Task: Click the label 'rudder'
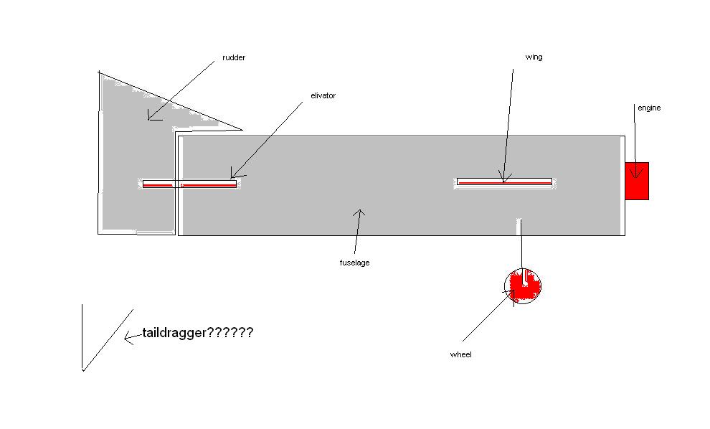[235, 58]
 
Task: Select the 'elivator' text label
[323, 95]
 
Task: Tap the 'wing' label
[534, 57]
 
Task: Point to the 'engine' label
[649, 108]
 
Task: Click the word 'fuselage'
[354, 263]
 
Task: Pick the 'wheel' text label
[460, 354]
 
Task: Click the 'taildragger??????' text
[197, 333]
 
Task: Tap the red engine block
[637, 181]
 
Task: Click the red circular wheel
[523, 285]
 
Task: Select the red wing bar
[505, 182]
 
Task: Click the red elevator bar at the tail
[190, 184]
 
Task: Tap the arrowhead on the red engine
[635, 173]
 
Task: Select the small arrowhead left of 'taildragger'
[128, 337]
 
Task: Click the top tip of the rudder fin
[99, 72]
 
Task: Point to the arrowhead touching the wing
[503, 179]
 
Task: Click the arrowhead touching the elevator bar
[235, 174]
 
